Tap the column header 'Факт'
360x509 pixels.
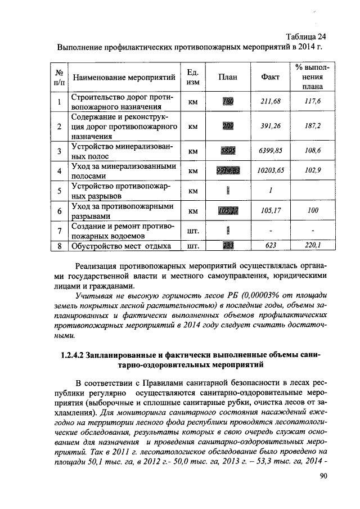coord(270,78)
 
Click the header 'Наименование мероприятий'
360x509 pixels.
coord(121,78)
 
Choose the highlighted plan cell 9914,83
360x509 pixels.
coord(227,170)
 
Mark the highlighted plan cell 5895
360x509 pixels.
coord(227,151)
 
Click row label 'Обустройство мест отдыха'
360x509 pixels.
coord(120,245)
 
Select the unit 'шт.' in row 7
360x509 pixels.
coord(193,230)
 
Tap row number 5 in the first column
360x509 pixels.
coord(59,191)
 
